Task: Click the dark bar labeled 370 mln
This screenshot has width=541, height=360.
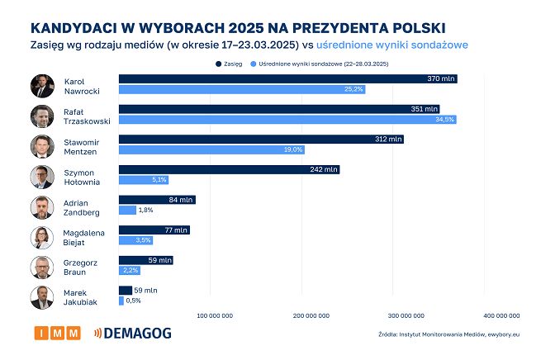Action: click(x=287, y=78)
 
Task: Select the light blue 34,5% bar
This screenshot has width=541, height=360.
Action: click(x=287, y=120)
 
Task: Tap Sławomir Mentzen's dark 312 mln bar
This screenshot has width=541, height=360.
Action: click(x=261, y=140)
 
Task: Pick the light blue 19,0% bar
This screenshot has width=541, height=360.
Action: click(x=212, y=150)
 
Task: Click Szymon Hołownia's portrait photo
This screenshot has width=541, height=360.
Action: click(x=43, y=177)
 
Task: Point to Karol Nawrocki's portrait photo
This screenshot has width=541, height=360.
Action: click(x=43, y=86)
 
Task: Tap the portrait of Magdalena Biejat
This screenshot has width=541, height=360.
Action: click(x=43, y=237)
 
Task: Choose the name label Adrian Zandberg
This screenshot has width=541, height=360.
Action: click(x=82, y=207)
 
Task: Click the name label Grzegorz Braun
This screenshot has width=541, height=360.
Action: click(x=82, y=268)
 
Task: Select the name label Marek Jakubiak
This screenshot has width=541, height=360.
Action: click(x=82, y=298)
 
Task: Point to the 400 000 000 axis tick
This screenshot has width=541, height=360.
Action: click(x=501, y=315)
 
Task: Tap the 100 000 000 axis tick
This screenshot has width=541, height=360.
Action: click(x=214, y=315)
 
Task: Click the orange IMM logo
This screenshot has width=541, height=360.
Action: click(x=58, y=334)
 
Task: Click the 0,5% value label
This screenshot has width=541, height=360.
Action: click(x=134, y=301)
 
